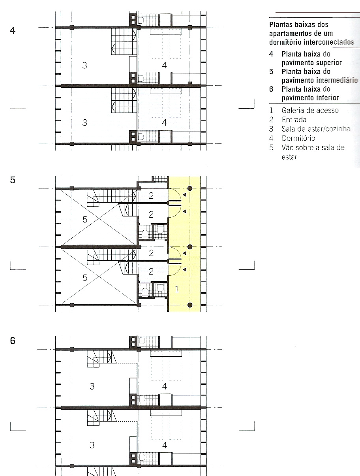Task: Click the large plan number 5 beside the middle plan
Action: tap(13, 180)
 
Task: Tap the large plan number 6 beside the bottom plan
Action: tap(13, 340)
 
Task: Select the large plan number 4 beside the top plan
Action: tap(13, 30)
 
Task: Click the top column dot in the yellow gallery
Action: tap(190, 188)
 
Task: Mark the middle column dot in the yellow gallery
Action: tap(190, 247)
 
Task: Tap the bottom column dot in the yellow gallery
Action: tap(190, 305)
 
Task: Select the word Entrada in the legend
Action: tap(294, 119)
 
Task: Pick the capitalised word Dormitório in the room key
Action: tap(298, 138)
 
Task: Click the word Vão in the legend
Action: tap(288, 148)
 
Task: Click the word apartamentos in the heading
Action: tap(289, 34)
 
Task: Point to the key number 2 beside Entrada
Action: tap(272, 119)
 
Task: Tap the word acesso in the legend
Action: tap(328, 110)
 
